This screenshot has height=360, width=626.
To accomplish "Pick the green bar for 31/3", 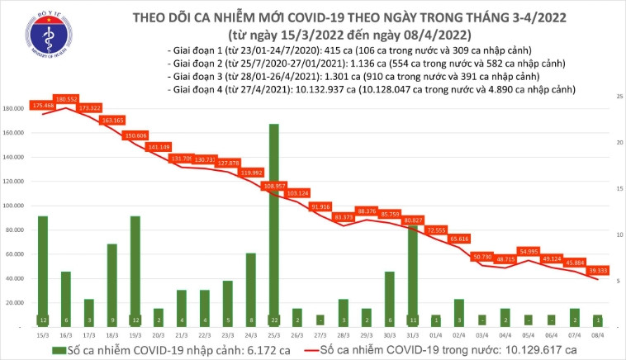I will [413, 272].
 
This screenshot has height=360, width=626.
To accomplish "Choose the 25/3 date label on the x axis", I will [273, 334].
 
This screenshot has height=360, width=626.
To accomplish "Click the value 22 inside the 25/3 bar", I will [273, 320].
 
